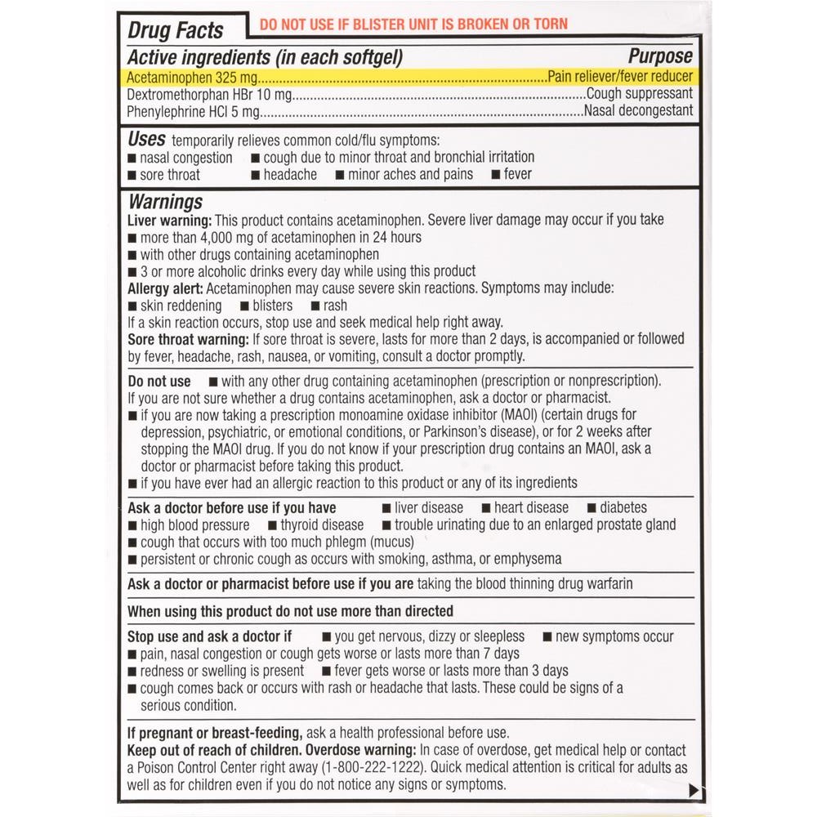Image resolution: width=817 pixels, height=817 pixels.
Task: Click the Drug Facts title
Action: tap(176, 31)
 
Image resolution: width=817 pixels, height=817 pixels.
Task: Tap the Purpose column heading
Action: tap(660, 56)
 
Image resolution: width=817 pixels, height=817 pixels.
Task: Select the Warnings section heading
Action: tap(165, 202)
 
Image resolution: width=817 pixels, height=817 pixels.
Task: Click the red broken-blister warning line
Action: tap(413, 25)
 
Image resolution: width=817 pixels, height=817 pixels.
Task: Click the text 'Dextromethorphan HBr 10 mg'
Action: tap(209, 94)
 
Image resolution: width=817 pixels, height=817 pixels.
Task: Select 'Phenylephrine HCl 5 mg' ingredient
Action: tap(194, 111)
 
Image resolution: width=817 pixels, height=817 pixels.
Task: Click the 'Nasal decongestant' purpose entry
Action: tap(638, 111)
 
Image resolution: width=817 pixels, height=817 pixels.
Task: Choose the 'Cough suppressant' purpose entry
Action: tap(640, 94)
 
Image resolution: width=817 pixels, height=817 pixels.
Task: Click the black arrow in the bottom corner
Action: tap(694, 790)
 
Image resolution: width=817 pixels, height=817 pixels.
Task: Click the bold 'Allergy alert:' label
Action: tap(166, 288)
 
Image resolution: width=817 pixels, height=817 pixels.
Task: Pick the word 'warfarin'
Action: tap(605, 583)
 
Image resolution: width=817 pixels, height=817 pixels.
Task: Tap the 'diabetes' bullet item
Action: tap(623, 507)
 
